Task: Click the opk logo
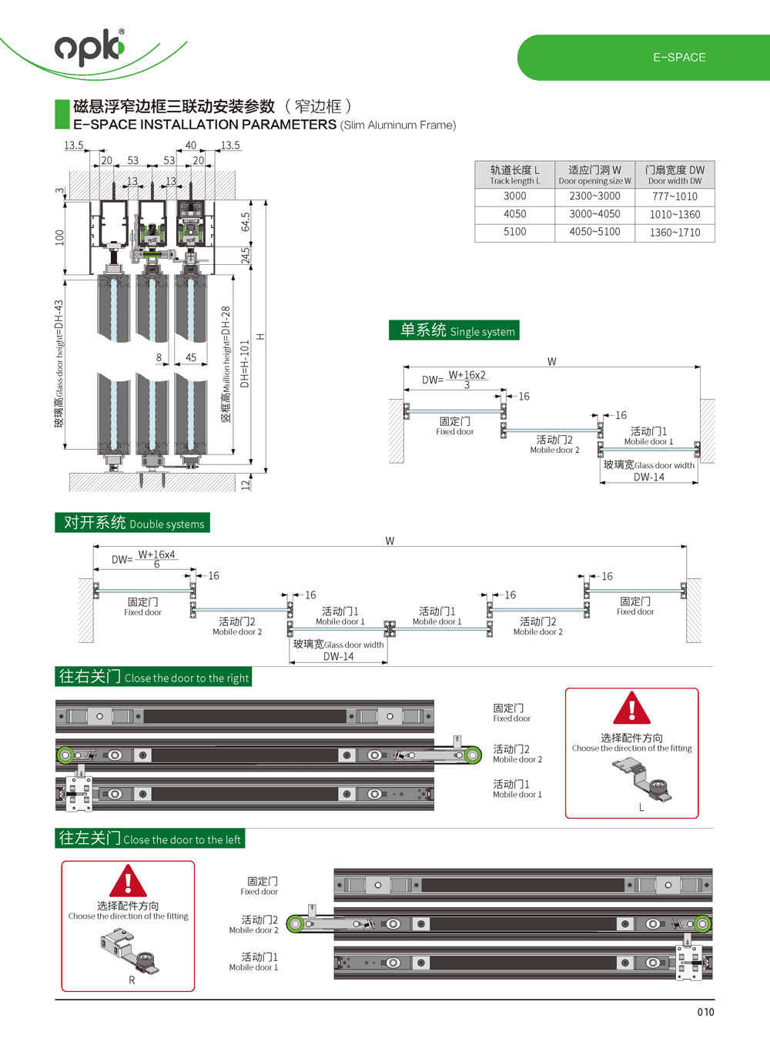89,47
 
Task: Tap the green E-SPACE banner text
679,58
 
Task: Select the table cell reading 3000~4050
594,214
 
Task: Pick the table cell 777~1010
675,196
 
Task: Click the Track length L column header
514,175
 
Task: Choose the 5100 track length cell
514,232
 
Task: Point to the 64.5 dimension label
246,222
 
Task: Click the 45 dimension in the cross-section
191,357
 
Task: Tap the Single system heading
454,330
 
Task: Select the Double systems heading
132,523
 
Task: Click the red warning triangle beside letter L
632,708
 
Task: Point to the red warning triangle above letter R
128,880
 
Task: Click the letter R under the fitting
132,980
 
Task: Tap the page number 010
705,1012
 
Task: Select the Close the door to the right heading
153,677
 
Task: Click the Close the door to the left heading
150,839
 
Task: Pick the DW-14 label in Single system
648,477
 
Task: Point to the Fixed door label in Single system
454,426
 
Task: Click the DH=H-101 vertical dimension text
245,363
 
